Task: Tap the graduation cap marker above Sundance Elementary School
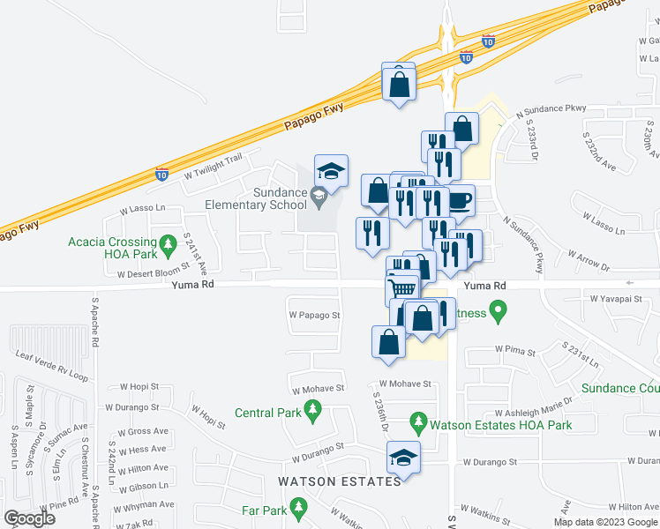331,170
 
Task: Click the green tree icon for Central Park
311,410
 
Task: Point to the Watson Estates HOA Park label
500,425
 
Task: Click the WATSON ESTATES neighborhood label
340,481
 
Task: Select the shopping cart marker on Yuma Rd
402,288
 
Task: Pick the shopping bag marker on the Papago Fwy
399,84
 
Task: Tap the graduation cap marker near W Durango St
403,457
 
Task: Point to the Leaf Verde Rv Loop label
53,365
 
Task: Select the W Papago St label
314,314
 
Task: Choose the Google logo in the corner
29,518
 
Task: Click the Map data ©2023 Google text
604,522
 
